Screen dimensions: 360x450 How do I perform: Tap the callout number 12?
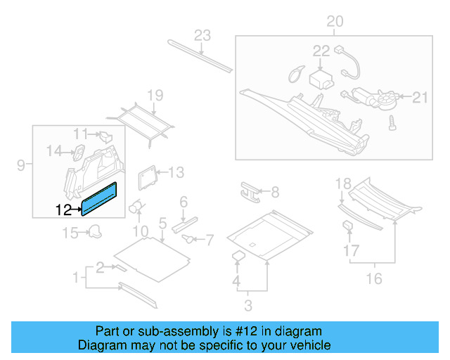[63, 210]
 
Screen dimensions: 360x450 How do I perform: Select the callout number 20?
[335, 22]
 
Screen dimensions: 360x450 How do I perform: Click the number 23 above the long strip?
[202, 36]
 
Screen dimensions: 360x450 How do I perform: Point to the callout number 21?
[420, 98]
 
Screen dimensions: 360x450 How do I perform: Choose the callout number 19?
[155, 96]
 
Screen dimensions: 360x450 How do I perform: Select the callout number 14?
[55, 149]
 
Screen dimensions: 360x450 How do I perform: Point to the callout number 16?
[374, 279]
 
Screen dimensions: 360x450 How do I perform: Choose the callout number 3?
[247, 304]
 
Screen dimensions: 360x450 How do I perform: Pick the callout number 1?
[76, 278]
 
